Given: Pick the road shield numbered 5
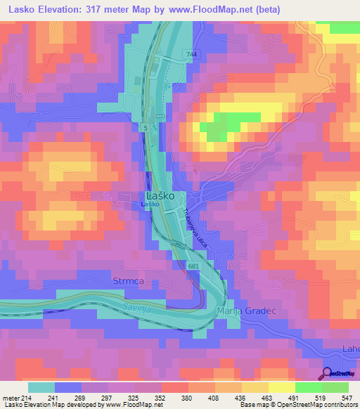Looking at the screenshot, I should (x=144, y=127).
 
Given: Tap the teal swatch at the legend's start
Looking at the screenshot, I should (x=41, y=387).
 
